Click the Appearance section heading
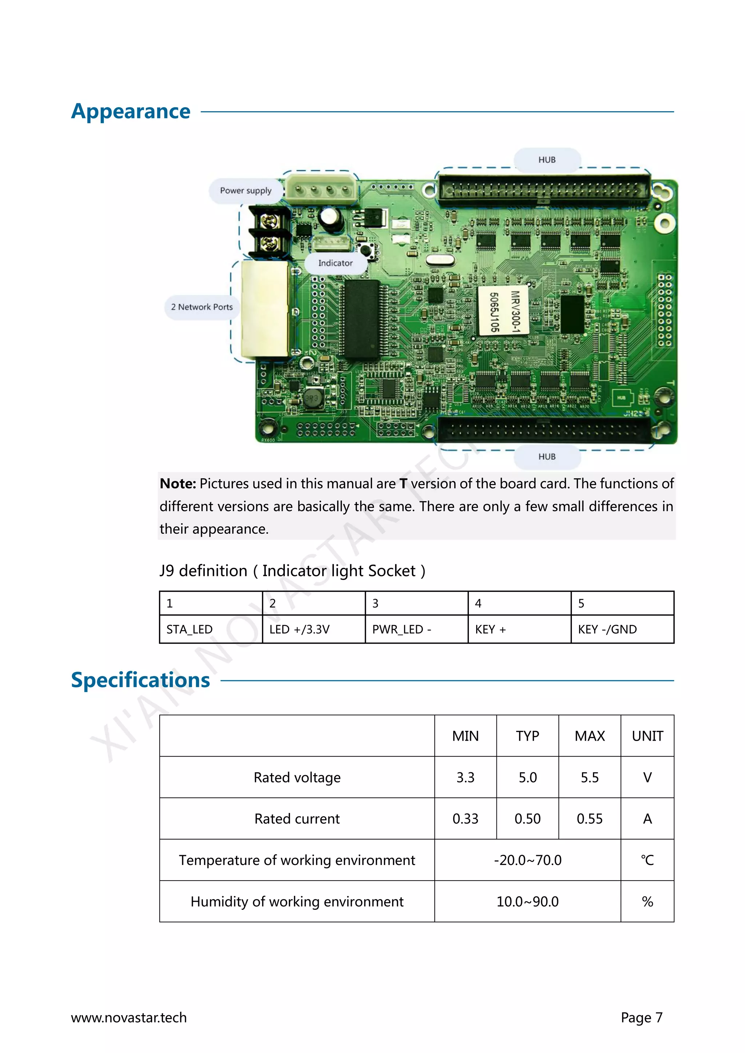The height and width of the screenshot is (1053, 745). [131, 112]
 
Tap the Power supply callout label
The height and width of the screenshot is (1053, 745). [246, 191]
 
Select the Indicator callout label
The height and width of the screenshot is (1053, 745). [335, 263]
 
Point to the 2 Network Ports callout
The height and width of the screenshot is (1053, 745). [202, 307]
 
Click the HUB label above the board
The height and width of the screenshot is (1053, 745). [547, 160]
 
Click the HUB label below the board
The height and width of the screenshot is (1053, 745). [547, 457]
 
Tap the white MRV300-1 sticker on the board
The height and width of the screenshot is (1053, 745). [503, 311]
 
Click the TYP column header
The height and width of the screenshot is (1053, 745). [527, 736]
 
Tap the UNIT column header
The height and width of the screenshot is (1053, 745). [647, 736]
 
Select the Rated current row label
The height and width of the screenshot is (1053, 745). [297, 818]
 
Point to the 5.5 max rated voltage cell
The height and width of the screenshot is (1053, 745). [589, 777]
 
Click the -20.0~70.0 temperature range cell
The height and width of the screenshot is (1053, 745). [527, 860]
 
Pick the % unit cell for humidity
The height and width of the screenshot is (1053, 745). [647, 902]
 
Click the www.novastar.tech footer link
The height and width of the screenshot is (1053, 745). [129, 1018]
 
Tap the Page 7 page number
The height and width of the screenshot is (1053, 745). [641, 1018]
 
